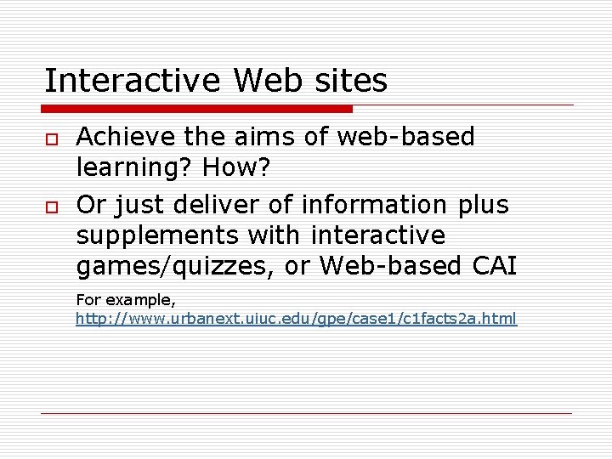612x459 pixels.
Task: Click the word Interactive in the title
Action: pos(133,82)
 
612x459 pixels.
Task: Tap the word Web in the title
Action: pos(267,82)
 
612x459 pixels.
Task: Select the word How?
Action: pos(235,167)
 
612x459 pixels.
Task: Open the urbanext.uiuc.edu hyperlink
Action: pos(296,320)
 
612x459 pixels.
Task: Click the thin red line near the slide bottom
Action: pos(306,414)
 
